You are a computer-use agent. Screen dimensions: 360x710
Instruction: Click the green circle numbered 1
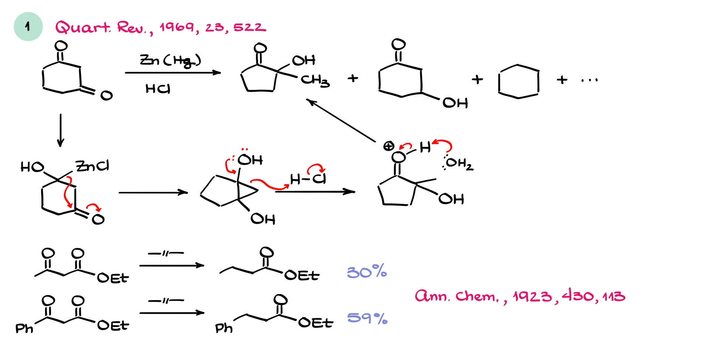pos(28,27)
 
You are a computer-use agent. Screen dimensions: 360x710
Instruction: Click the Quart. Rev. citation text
pos(160,27)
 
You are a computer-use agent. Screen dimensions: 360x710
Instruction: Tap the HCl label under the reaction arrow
pos(158,89)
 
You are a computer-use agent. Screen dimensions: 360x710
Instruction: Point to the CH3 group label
pos(315,80)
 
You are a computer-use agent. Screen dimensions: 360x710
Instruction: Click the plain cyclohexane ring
pos(518,82)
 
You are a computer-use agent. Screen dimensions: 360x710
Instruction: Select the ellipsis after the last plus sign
pos(589,80)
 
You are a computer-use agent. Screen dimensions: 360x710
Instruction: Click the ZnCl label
pos(92,166)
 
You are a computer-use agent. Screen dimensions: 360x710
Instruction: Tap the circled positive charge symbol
pos(388,146)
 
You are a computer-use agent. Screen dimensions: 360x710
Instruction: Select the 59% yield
pos(367,318)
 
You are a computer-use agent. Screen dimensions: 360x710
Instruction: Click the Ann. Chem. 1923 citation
pos(520,296)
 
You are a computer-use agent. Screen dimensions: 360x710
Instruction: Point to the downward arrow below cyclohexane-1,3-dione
pos(61,130)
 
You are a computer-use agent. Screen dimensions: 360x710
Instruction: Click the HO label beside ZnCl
pos(32,167)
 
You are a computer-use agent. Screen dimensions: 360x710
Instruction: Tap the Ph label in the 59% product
pos(224,328)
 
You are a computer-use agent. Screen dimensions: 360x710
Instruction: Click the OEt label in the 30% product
pos(302,275)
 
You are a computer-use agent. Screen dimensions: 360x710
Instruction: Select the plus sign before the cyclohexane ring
pos(477,80)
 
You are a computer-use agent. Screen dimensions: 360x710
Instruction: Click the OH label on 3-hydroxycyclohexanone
pos(455,103)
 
